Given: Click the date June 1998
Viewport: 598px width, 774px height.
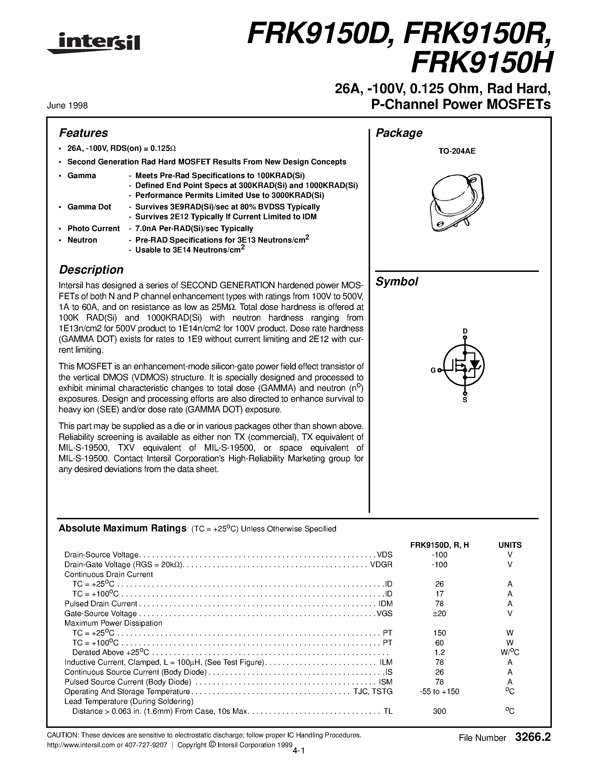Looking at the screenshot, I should (x=67, y=106).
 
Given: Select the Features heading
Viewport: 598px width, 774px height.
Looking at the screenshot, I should (x=83, y=133).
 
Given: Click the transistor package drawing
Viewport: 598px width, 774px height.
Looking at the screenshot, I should (x=457, y=202).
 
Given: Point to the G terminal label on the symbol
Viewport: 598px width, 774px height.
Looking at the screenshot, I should (x=433, y=371).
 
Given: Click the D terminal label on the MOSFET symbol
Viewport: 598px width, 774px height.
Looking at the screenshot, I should (x=465, y=331).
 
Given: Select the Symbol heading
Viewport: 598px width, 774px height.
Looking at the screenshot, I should (x=397, y=282).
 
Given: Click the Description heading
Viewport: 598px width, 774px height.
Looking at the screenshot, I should (x=91, y=270).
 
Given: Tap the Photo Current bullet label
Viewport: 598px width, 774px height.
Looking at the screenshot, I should (x=93, y=229).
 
